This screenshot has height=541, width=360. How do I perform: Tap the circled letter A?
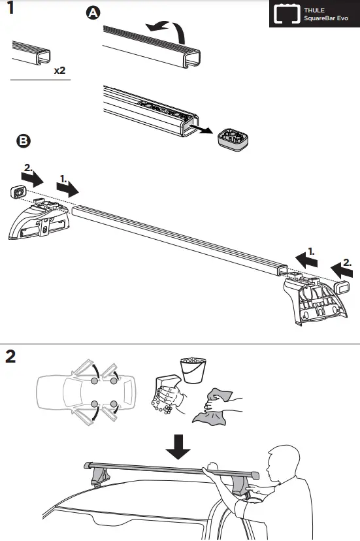94,14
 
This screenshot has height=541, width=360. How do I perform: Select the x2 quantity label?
59,69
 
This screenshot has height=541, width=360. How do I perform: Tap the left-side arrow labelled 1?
67,188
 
